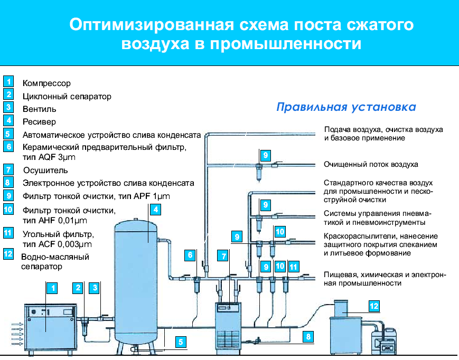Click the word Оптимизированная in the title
152,25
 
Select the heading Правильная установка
346,107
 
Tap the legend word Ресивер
39,121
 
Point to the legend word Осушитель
45,170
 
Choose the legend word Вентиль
40,109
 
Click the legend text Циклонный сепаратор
67,97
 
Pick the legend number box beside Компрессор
8,81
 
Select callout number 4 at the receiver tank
155,210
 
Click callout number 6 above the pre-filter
190,255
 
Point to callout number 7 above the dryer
223,256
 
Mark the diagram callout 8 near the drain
308,337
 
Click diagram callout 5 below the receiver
181,342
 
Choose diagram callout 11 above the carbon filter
293,267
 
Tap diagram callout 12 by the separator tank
374,306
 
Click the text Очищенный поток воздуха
371,164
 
